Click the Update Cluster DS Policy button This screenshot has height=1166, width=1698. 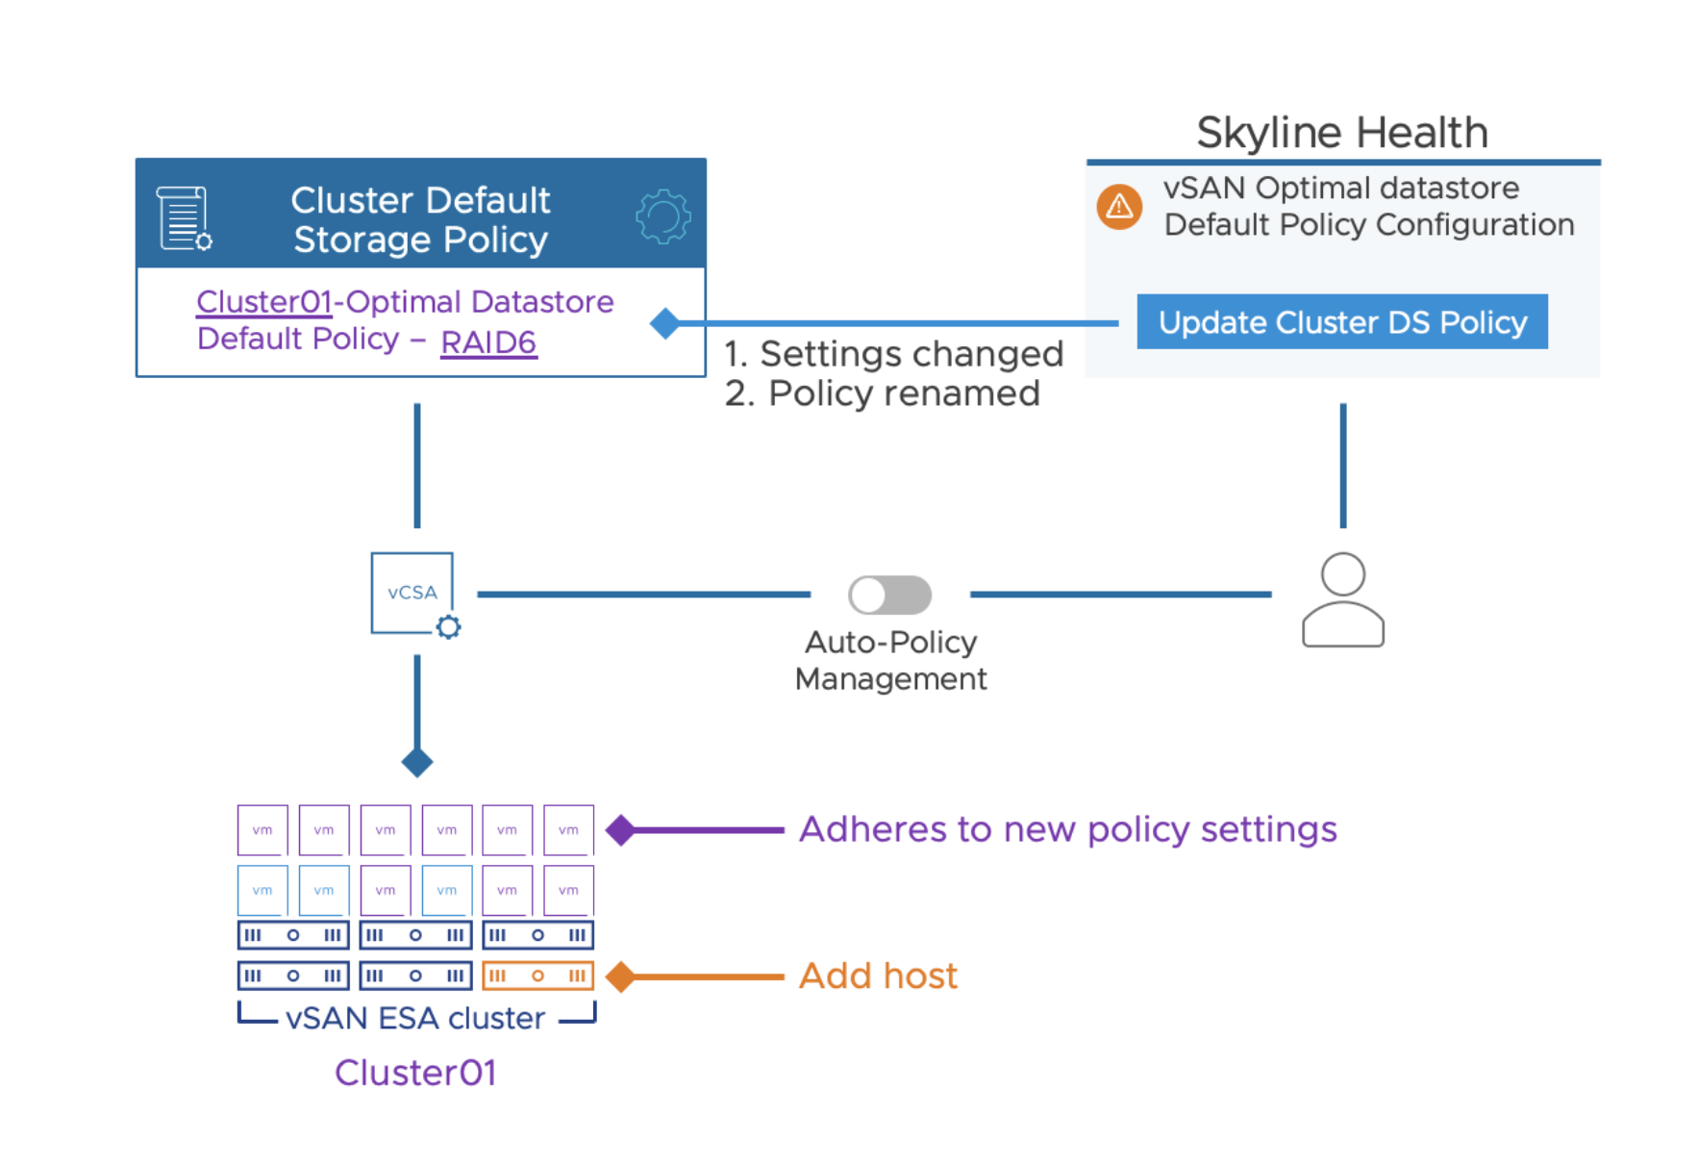[1341, 322]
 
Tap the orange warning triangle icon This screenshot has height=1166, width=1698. [1119, 206]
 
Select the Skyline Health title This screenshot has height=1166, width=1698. [1341, 133]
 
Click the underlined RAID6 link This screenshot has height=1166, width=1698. [488, 342]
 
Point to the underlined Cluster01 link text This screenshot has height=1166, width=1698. [263, 302]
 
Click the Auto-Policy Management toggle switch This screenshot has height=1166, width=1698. [889, 595]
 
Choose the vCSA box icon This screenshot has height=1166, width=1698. [412, 593]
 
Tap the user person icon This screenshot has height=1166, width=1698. [1342, 600]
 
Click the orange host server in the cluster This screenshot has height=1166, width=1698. [537, 976]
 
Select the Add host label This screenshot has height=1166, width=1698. [878, 976]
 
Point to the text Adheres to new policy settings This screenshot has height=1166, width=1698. [1067, 829]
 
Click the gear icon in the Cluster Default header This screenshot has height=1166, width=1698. [662, 216]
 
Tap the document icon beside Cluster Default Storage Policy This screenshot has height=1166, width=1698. [184, 218]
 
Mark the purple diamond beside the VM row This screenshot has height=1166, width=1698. [621, 829]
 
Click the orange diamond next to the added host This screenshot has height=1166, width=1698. [621, 976]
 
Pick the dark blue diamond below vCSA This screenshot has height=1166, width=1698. [417, 762]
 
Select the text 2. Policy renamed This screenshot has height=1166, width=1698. [882, 393]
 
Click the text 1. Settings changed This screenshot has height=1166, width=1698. [893, 354]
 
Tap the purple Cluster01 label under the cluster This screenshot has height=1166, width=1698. [415, 1073]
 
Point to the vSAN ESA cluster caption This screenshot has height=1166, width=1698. [415, 1018]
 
